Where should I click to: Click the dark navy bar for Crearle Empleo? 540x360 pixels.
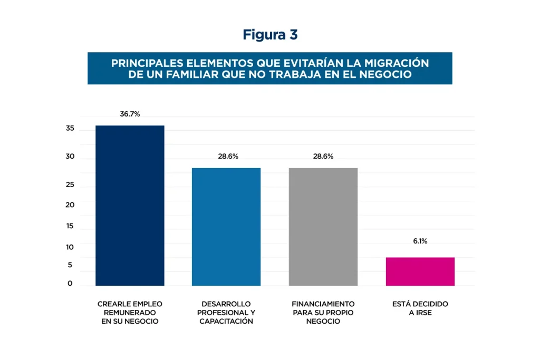coord(130,206)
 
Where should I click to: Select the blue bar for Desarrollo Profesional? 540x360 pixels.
coord(226,227)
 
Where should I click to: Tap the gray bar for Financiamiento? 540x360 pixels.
coord(323,227)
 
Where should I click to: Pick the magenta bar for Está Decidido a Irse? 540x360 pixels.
coord(420,271)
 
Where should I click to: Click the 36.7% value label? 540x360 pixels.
coord(130,114)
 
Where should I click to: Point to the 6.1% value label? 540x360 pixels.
coord(420,241)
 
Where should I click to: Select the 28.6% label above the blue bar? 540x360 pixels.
coord(228,157)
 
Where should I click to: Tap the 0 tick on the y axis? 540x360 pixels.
coord(70,284)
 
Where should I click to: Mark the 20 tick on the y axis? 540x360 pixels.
coord(70,205)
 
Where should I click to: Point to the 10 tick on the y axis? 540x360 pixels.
coord(70,247)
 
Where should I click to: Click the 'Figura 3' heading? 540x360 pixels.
coord(270,35)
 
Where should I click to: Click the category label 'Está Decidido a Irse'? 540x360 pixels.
coord(420,308)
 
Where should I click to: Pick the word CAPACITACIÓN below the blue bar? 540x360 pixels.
coord(226,322)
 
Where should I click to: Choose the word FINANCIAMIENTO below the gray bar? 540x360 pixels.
coord(323,304)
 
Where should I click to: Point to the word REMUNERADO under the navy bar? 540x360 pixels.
coord(130,313)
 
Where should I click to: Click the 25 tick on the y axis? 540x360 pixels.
coord(70,185)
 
